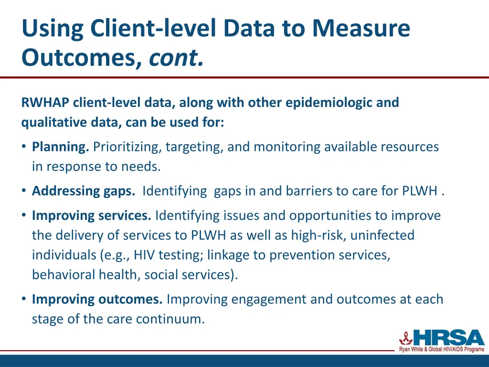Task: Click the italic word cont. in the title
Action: point(176,58)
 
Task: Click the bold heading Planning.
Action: point(61,147)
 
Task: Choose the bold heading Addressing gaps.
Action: point(84,191)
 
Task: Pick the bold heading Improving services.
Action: point(91,216)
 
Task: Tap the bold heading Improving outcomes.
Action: point(97,299)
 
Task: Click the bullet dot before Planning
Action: point(24,147)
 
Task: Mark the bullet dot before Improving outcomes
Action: point(24,299)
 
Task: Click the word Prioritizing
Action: point(128,147)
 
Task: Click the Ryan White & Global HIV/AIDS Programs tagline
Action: point(442,350)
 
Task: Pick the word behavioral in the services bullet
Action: point(62,275)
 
